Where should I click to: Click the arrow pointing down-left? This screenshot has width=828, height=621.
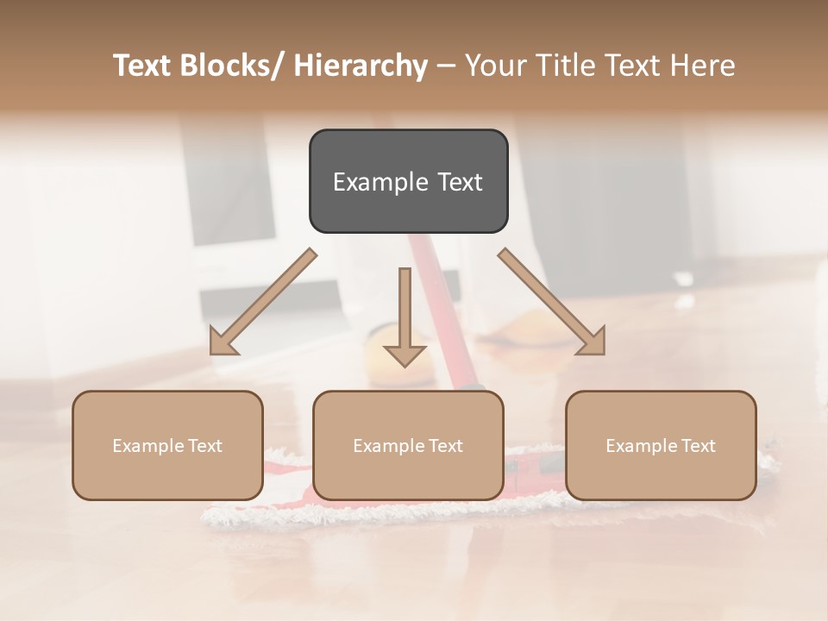coord(263,302)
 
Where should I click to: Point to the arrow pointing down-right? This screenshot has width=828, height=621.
coord(552,302)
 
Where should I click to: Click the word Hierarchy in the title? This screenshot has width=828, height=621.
coord(360,66)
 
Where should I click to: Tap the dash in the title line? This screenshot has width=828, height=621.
coord(446,66)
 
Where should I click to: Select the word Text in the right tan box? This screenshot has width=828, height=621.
coord(697,446)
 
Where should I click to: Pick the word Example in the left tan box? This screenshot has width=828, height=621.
coord(147,446)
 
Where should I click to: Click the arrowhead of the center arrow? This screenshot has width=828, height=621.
coord(405,354)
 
